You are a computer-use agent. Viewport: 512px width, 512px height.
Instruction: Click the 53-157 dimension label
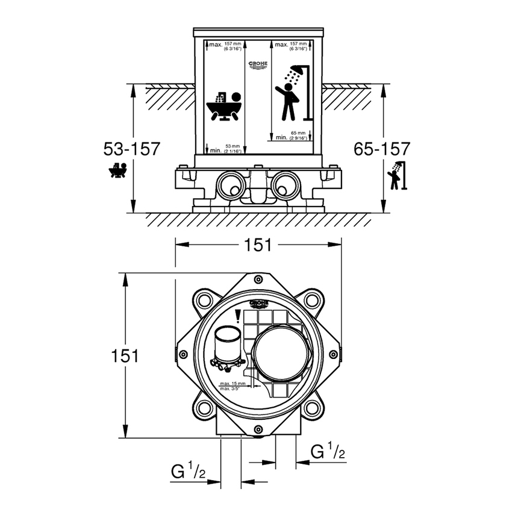pos(131,148)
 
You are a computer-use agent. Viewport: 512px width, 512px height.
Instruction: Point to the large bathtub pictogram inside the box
pos(225,107)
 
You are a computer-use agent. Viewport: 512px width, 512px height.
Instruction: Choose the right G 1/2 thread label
pos(328,452)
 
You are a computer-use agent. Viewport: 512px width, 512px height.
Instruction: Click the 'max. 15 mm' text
pos(232,383)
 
